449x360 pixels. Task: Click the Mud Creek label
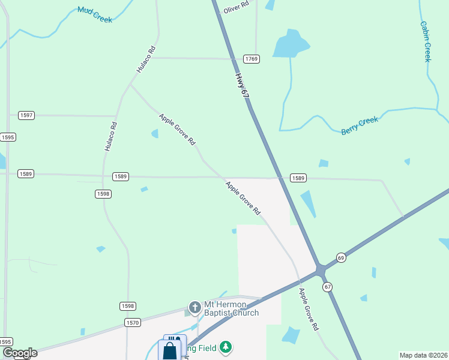point(95,14)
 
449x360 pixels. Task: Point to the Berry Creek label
point(360,125)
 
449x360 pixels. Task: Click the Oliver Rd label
point(236,8)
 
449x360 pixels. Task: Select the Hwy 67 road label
point(241,86)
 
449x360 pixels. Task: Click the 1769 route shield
point(251,59)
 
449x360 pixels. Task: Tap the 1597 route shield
point(26,115)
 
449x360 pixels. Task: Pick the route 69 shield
point(341,257)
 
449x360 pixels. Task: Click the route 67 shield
point(328,287)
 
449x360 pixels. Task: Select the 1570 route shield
point(133,323)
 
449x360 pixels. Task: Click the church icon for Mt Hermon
point(194,308)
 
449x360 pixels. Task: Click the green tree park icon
point(225,347)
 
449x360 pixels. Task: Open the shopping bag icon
point(170,351)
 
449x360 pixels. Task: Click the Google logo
point(19,353)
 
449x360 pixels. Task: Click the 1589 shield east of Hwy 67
point(298,178)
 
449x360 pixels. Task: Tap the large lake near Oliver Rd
point(290,45)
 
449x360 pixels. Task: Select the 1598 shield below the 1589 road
point(103,194)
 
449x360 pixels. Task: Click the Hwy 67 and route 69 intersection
point(321,269)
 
